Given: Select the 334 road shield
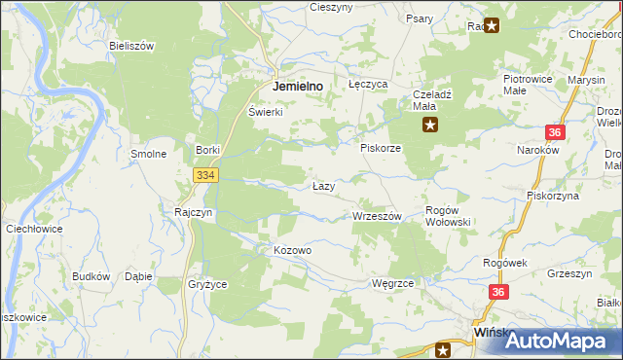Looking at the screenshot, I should [x=204, y=175].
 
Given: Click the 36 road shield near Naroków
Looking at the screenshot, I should [x=554, y=132].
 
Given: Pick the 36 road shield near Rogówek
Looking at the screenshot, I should [x=499, y=292].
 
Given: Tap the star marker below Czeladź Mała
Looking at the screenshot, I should [x=429, y=125].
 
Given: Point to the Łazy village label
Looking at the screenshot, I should [x=324, y=186].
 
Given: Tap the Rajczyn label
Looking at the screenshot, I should [x=194, y=211].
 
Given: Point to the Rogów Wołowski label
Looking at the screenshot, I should [x=449, y=216].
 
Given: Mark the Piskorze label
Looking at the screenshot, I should [x=381, y=148].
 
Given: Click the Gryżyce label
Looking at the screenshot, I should [x=206, y=284].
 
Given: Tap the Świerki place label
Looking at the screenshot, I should [x=265, y=111].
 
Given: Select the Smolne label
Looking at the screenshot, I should [x=149, y=154].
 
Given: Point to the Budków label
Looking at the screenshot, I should [x=91, y=276].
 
